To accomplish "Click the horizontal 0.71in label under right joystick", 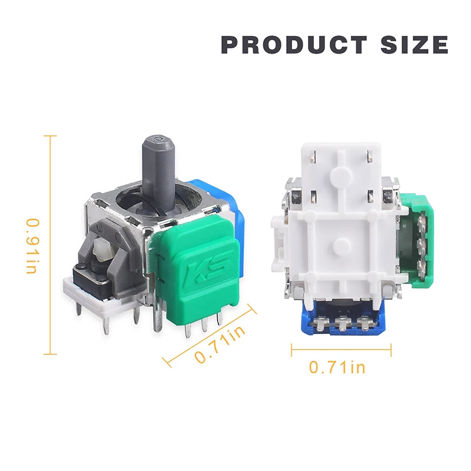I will click(x=337, y=367).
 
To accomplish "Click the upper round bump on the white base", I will click(x=340, y=175).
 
